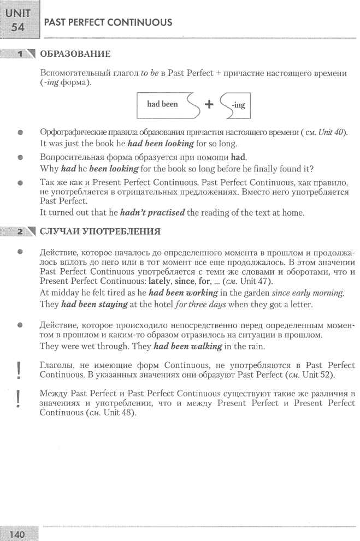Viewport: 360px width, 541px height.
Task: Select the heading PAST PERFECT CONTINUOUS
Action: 108,22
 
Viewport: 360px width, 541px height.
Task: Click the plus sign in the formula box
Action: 208,105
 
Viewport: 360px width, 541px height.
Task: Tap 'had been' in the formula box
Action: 162,104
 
